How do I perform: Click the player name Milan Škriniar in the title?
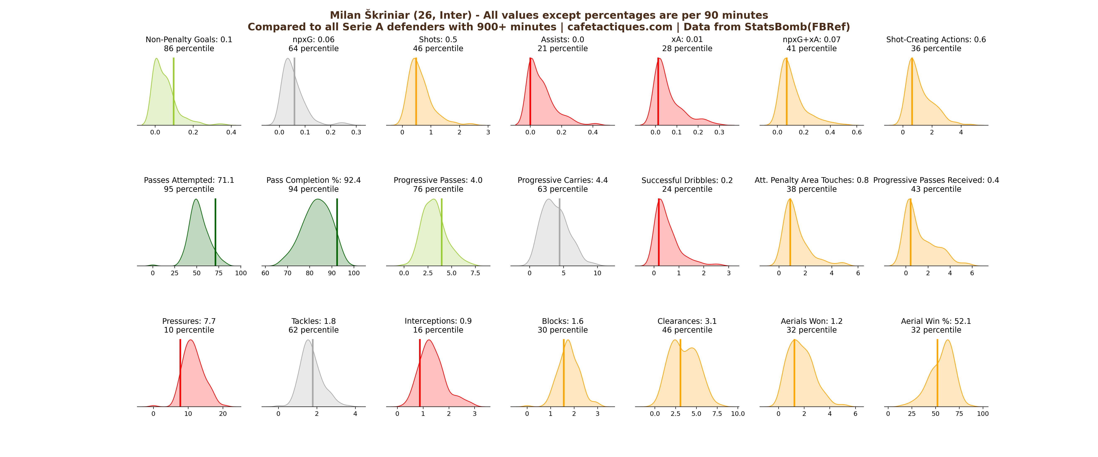pos(370,15)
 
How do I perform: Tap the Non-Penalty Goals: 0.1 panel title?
pos(189,40)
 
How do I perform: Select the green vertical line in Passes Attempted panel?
pos(215,232)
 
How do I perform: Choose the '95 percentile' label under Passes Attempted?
pos(189,189)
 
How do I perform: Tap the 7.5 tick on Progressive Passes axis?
pos(475,273)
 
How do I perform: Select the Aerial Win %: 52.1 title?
pos(936,321)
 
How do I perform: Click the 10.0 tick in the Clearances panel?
pos(738,414)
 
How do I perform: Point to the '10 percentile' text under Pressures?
pos(189,330)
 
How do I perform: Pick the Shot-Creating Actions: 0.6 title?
pos(936,40)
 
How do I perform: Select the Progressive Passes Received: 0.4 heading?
pos(936,180)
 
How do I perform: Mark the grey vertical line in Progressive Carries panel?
pos(560,232)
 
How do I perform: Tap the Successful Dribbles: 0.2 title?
pos(687,180)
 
